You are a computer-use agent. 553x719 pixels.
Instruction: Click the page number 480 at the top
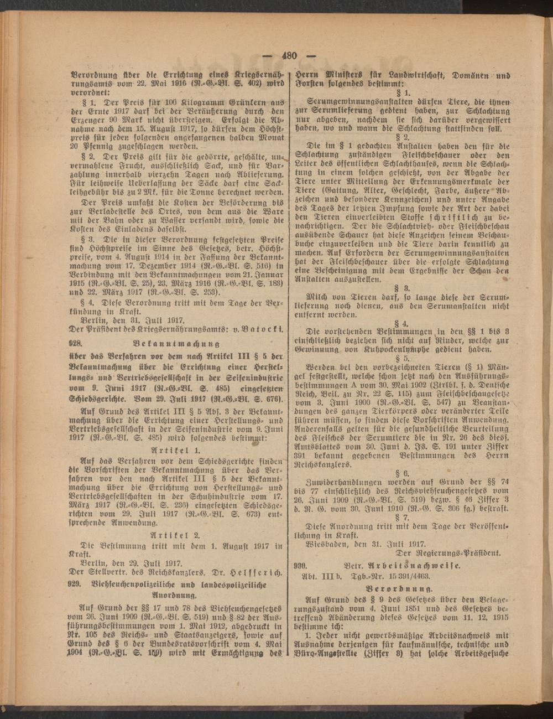click(289, 55)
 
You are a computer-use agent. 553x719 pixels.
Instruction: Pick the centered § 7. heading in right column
click(402, 517)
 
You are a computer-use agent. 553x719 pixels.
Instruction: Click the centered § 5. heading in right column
click(402, 358)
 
